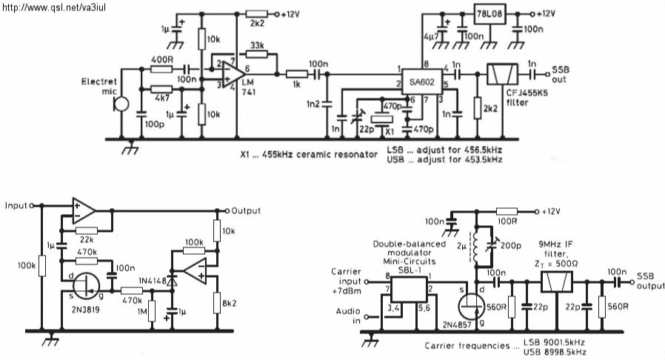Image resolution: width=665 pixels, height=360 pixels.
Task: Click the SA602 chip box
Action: [x=421, y=82]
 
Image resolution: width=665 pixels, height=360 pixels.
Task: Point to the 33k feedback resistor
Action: [x=256, y=54]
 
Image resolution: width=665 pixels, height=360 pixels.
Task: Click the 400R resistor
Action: [x=161, y=68]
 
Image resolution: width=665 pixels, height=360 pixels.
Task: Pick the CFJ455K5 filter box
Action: [x=502, y=75]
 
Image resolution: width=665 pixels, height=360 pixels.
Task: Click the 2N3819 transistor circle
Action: [x=86, y=286]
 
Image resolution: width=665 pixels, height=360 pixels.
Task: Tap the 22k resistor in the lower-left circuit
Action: [x=87, y=230]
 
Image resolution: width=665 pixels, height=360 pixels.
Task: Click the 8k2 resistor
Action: [x=217, y=303]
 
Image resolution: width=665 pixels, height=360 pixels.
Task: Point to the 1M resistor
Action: [x=152, y=312]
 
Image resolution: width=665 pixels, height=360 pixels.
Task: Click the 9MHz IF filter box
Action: [x=556, y=281]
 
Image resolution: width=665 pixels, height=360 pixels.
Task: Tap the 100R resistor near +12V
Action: [x=507, y=211]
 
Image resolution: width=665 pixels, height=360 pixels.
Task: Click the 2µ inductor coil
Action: [x=476, y=247]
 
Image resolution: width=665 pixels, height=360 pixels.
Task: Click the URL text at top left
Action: [x=54, y=7]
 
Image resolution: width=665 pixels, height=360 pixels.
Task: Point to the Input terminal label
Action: [x=16, y=206]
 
